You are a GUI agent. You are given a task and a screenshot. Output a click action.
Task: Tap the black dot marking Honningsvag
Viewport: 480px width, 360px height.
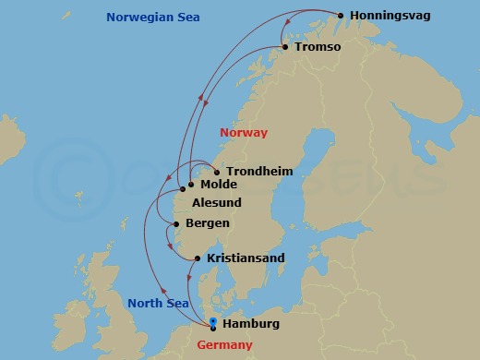tap(341, 16)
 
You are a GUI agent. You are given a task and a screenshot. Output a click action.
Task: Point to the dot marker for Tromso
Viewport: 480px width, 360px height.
tap(285, 47)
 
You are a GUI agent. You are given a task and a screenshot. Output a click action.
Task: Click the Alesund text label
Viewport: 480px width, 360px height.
tap(219, 204)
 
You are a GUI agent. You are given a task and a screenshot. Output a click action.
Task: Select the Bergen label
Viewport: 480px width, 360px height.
tap(208, 223)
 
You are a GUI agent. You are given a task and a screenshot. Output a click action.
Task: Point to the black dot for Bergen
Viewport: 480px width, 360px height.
tap(177, 224)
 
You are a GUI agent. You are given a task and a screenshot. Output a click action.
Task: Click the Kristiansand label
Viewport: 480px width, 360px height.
tap(246, 258)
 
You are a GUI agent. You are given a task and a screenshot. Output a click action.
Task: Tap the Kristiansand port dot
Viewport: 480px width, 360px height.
tap(198, 258)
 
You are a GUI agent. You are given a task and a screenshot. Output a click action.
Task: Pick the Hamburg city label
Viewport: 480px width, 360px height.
tap(251, 324)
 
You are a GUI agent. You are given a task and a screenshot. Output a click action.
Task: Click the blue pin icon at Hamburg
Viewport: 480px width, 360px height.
tap(213, 321)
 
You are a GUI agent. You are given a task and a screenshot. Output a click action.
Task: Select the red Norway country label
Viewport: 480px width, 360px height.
tap(244, 133)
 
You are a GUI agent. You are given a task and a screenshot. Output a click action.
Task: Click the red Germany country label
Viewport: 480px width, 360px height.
tap(225, 345)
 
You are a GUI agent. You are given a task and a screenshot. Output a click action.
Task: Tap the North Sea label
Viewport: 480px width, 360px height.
tap(158, 303)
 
